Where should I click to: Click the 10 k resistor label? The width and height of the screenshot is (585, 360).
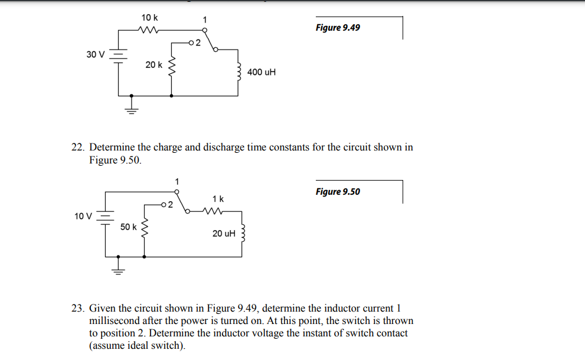[x=149, y=18]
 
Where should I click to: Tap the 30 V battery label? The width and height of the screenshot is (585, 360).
[x=95, y=54]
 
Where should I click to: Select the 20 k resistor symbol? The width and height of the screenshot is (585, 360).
[x=172, y=70]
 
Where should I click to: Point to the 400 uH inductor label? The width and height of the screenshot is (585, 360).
[x=262, y=72]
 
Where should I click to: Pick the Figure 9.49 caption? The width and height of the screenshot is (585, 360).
[x=338, y=28]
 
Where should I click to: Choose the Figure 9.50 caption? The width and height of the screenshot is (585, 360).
[x=338, y=191]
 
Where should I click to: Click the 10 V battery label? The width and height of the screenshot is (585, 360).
[x=83, y=216]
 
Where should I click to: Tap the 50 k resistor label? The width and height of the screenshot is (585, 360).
[x=128, y=227]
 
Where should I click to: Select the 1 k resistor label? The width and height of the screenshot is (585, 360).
[x=218, y=198]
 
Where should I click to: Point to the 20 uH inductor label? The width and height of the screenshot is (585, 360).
[x=224, y=234]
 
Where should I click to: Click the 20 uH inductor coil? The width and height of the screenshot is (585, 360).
[x=241, y=234]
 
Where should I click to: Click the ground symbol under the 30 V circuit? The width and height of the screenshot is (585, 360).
[x=131, y=108]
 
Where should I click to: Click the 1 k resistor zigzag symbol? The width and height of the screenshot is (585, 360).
[x=211, y=211]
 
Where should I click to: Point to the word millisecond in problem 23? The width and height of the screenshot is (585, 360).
[x=115, y=321]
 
